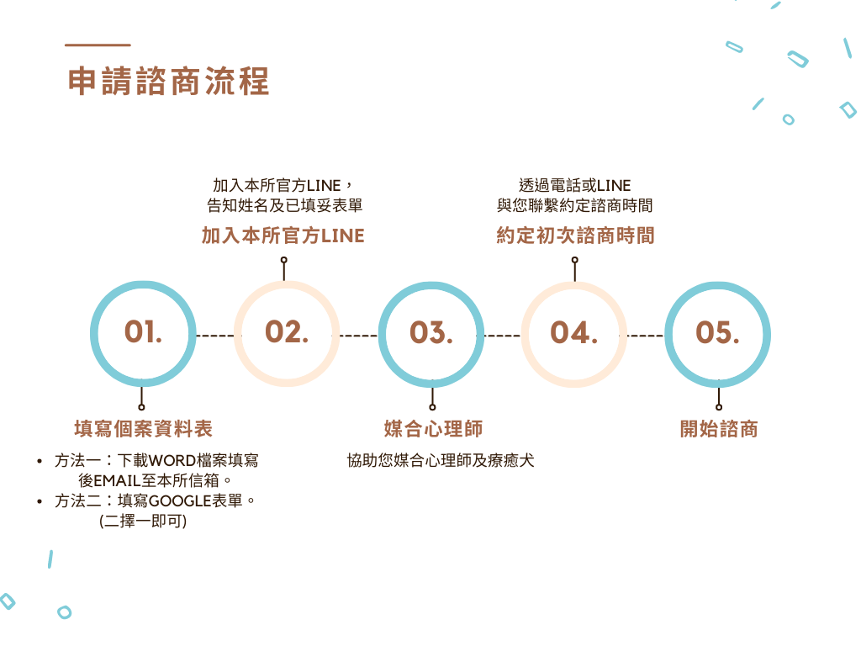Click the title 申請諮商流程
[168, 82]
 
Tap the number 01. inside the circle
[143, 331]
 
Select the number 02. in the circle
[287, 331]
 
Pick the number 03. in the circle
[431, 333]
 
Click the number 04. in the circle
[573, 333]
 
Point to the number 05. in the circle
[718, 333]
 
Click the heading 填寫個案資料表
[143, 429]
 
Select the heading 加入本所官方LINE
[283, 236]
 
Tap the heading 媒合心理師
[433, 429]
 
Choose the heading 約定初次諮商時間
[575, 236]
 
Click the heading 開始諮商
[719, 429]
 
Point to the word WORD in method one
[172, 460]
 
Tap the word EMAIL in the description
[118, 480]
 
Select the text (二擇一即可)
[143, 521]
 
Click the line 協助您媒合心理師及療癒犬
[441, 460]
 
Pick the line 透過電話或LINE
[575, 186]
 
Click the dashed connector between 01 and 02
[214, 336]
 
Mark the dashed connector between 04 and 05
[645, 336]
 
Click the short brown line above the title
[98, 45]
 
